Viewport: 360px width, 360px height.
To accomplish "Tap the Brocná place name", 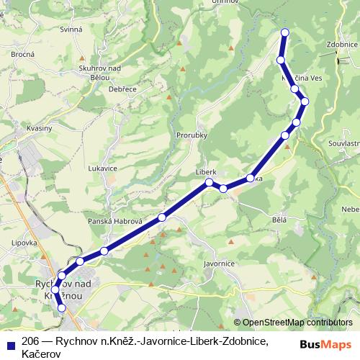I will [x=24, y=54].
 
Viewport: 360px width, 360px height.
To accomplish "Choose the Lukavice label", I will [x=102, y=167].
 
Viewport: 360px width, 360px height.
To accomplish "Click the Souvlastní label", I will [x=343, y=143].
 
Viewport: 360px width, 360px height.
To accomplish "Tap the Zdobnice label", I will [x=342, y=44].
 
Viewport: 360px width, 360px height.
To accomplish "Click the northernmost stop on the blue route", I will [x=285, y=32].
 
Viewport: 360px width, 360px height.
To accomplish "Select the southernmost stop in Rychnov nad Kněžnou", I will [x=61, y=307].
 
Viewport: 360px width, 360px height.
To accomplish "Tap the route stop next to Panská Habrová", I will [x=162, y=217].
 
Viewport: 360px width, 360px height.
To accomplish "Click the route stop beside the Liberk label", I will [x=210, y=182].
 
